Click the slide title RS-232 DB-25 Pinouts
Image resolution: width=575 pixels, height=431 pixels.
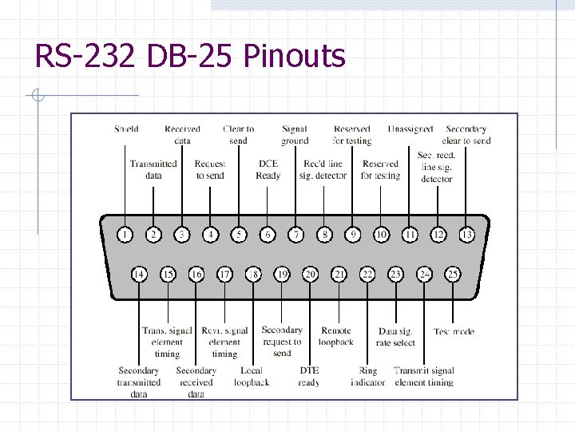(190, 57)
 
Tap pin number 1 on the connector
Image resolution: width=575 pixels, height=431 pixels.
(125, 235)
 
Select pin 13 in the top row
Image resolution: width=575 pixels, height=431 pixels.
(466, 235)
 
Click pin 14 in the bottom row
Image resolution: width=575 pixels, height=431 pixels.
(139, 275)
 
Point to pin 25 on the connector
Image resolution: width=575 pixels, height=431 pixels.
(453, 275)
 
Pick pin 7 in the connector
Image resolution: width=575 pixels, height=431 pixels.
(296, 235)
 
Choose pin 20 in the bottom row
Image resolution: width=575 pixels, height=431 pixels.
(310, 275)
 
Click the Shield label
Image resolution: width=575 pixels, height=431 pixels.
(126, 129)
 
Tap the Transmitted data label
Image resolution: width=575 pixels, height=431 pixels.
(153, 169)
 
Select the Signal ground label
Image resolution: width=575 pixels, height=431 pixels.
(295, 135)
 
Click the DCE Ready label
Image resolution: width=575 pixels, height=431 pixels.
(268, 169)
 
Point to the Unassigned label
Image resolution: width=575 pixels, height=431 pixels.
(410, 129)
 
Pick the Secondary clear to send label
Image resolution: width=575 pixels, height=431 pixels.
(467, 135)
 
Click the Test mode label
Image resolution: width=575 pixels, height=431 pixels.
(454, 331)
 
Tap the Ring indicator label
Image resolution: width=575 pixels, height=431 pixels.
(368, 377)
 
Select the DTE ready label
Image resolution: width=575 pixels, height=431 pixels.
(309, 377)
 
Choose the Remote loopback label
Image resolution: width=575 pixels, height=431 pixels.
(336, 336)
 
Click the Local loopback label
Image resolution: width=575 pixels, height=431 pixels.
(252, 377)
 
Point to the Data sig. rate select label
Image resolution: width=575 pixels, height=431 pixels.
(396, 336)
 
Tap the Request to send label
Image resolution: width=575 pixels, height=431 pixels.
(210, 169)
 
